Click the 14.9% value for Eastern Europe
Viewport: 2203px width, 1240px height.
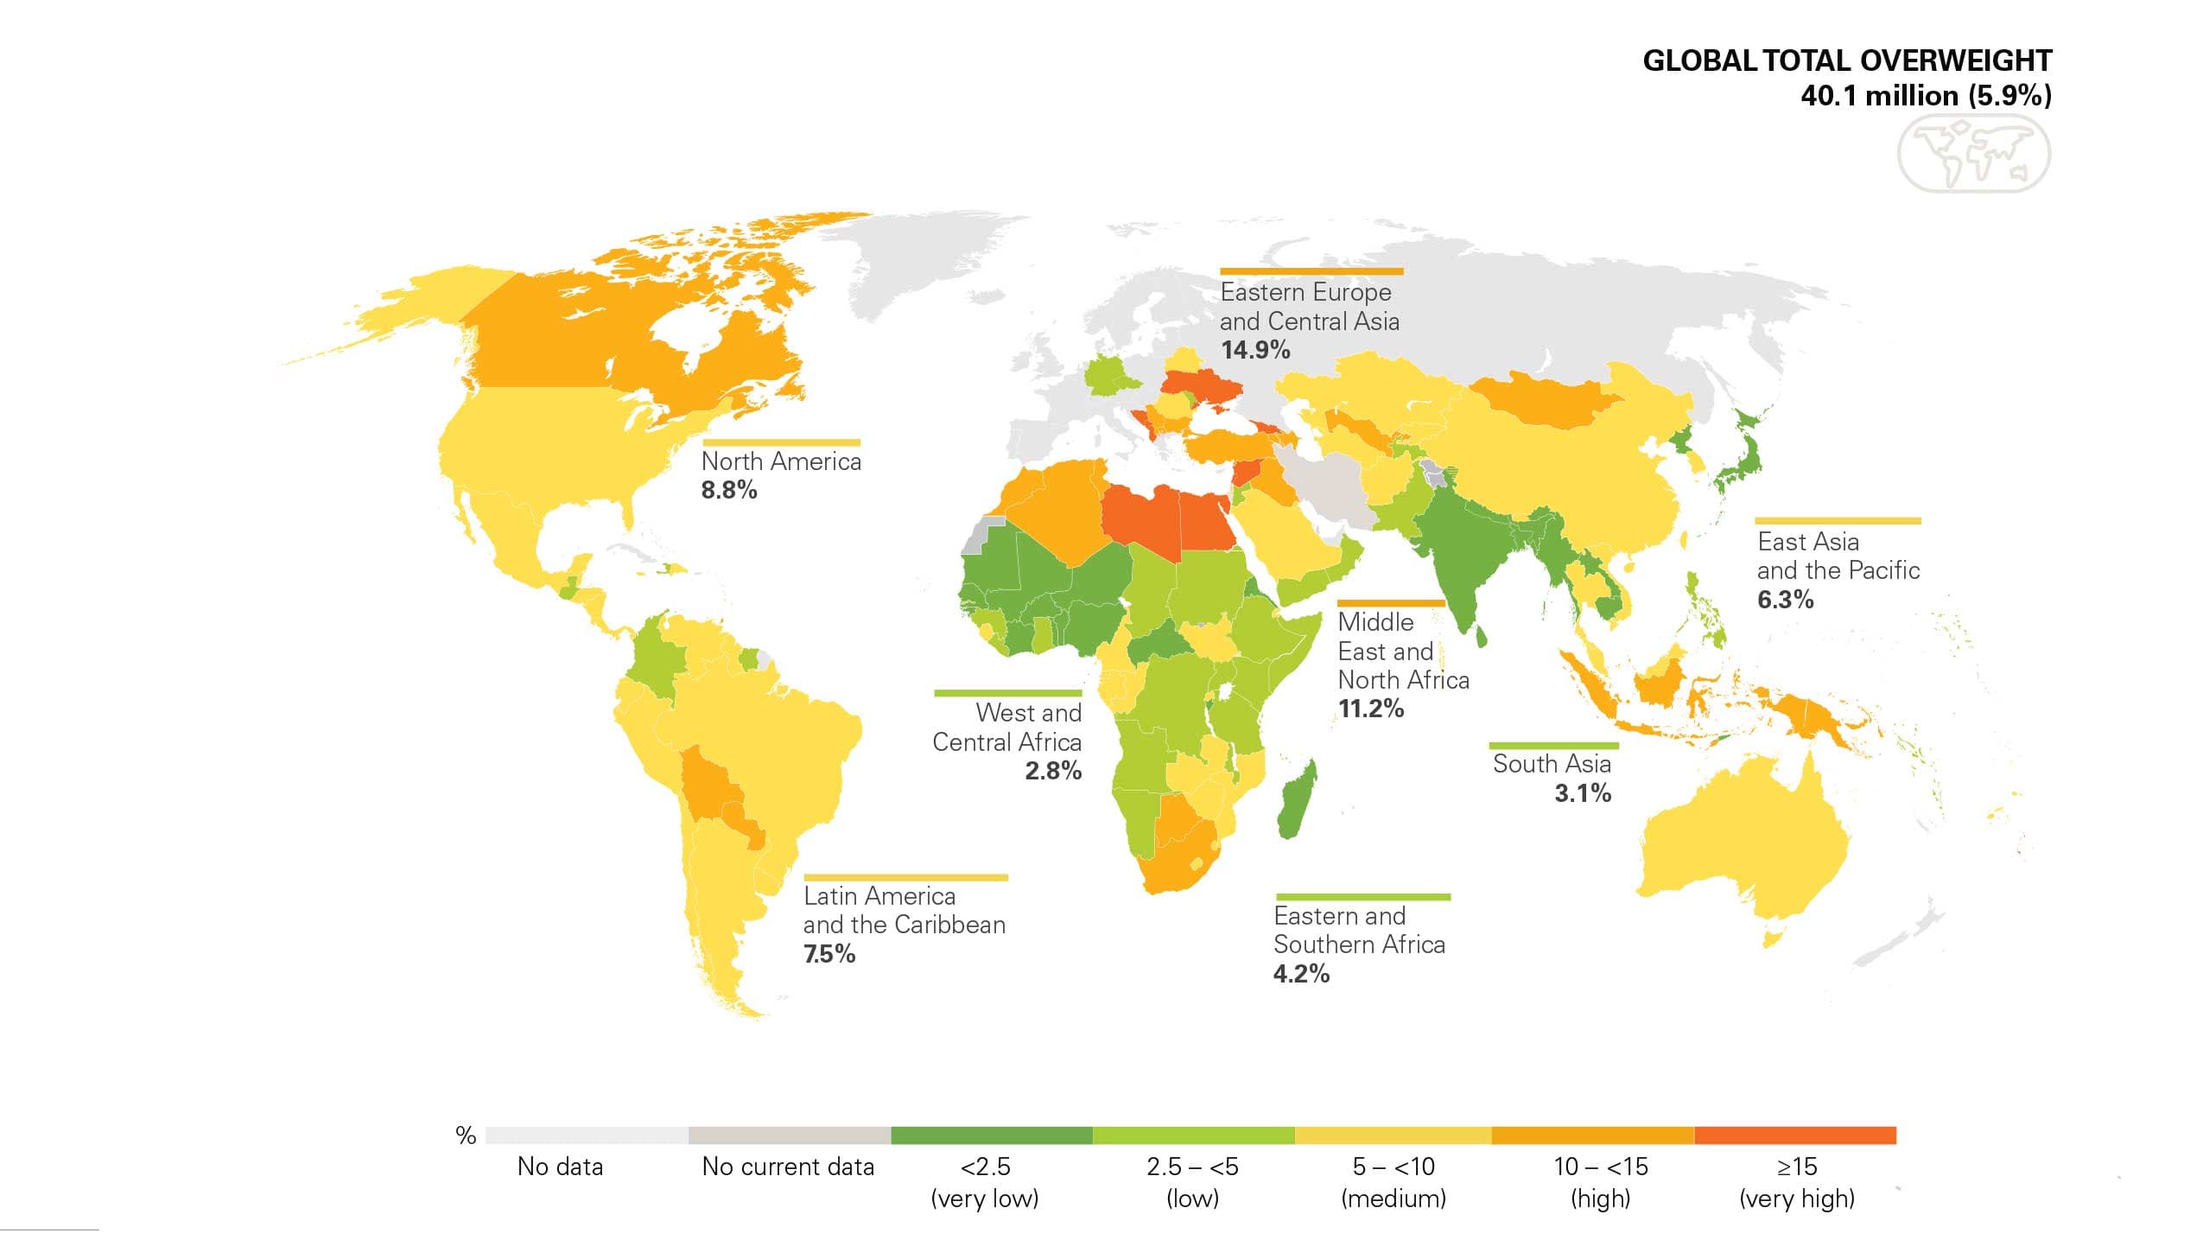tap(1254, 350)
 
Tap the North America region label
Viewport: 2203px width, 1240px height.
tap(780, 461)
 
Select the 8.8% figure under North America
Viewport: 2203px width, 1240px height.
tap(728, 490)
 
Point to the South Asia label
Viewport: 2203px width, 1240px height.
tap(1552, 764)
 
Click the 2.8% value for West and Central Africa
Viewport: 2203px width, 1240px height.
tap(1052, 771)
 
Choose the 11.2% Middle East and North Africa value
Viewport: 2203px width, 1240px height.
tap(1370, 709)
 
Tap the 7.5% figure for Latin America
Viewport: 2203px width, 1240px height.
tap(829, 954)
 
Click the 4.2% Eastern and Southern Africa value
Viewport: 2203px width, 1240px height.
tap(1300, 974)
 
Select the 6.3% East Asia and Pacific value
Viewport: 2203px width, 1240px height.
tap(1785, 600)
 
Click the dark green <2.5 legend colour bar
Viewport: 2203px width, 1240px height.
tap(991, 1135)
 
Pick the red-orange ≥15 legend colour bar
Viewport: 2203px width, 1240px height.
tap(1794, 1135)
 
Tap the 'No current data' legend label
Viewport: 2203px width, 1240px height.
tap(788, 1167)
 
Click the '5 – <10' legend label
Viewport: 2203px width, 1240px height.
tap(1393, 1167)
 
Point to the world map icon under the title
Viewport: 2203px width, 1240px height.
tap(1973, 154)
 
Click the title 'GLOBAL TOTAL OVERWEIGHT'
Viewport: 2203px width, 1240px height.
tap(1846, 60)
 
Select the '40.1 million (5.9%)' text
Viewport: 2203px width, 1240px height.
tap(1925, 95)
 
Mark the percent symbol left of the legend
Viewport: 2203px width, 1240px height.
tap(466, 1135)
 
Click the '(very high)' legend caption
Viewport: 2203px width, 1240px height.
tap(1796, 1199)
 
